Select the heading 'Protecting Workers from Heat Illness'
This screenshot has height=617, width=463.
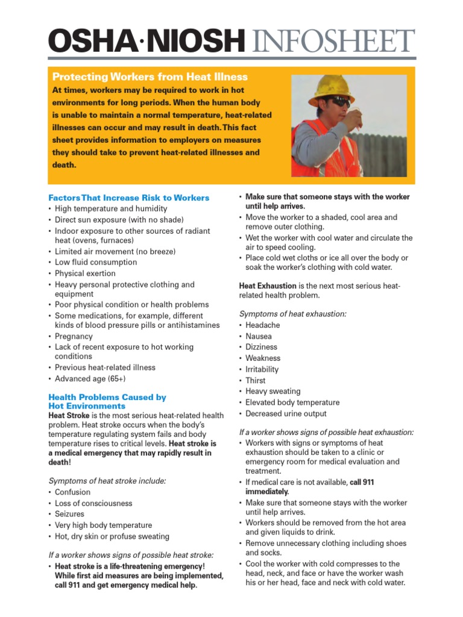tap(150, 77)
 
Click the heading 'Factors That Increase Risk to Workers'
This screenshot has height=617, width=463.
tap(129, 198)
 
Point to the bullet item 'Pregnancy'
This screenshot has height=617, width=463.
tap(74, 336)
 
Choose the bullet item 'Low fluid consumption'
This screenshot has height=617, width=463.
tap(96, 262)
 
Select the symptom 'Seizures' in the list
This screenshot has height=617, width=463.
tap(70, 514)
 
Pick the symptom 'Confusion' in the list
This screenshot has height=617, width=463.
tap(72, 492)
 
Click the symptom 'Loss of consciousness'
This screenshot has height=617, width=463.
tap(93, 503)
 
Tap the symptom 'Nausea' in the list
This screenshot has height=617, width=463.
tap(259, 336)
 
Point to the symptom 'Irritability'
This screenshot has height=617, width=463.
tap(262, 369)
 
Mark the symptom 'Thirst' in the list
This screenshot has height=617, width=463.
tap(256, 380)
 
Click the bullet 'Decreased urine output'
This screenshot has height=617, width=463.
tap(286, 413)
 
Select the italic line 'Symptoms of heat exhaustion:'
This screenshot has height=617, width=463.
tap(293, 314)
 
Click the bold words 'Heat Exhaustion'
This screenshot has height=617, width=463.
tap(268, 286)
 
